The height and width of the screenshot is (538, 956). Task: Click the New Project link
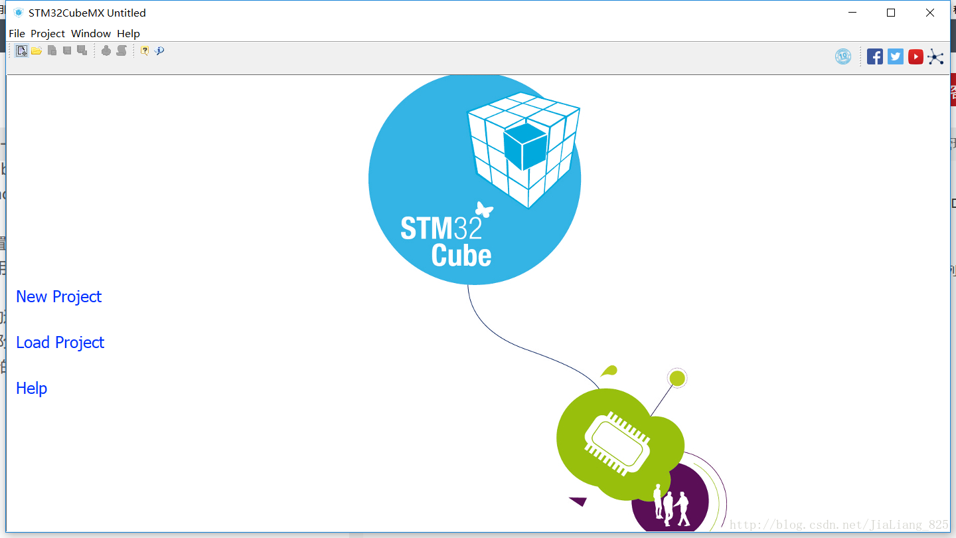[58, 297]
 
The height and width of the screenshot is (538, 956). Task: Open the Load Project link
[60, 343]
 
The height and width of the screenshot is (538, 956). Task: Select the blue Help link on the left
[31, 389]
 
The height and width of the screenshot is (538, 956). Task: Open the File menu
[17, 33]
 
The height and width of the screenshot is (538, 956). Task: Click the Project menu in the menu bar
[48, 33]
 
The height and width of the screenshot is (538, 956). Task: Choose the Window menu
[91, 33]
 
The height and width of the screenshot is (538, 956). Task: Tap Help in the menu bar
[128, 33]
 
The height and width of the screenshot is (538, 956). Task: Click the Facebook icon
[875, 57]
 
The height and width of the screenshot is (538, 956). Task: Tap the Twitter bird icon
[896, 57]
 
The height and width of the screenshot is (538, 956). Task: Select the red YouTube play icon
[916, 57]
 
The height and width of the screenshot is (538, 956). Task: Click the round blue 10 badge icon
[843, 57]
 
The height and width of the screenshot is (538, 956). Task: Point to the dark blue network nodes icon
[935, 57]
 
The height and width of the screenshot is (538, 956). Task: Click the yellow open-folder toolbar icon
[37, 50]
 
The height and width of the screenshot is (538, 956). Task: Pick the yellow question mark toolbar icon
[144, 50]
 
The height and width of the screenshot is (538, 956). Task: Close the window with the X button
[930, 13]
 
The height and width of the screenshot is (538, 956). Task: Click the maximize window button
[891, 13]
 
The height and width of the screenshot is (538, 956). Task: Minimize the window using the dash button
[852, 13]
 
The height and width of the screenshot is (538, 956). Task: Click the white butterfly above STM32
[484, 210]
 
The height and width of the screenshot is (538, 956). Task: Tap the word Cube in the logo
[461, 256]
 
